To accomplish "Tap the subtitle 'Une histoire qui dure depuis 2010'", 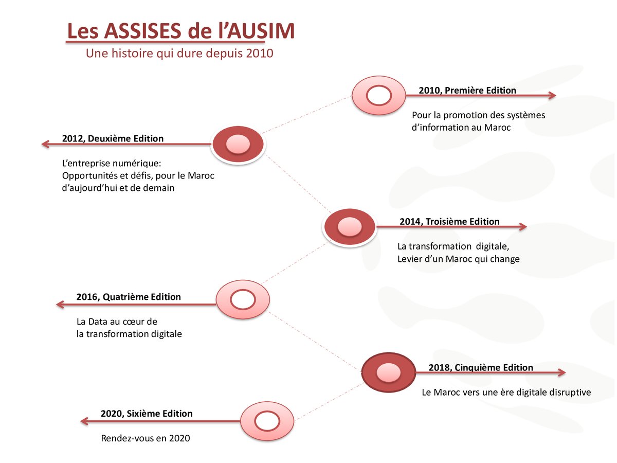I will [179, 54].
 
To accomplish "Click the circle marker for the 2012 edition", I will [239, 145].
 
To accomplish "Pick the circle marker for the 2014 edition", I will [349, 226].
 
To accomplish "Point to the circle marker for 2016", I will [242, 299].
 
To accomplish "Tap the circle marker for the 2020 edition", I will [267, 421].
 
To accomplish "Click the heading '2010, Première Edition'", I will [467, 91].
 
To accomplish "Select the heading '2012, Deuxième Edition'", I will [113, 138].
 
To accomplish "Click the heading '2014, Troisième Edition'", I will [449, 222].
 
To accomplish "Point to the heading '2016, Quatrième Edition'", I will [129, 297].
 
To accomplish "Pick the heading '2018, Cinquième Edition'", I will [481, 368].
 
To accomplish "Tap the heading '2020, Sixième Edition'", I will [147, 414].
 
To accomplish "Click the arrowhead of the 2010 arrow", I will [552, 95].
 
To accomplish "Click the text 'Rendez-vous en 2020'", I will [146, 439].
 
